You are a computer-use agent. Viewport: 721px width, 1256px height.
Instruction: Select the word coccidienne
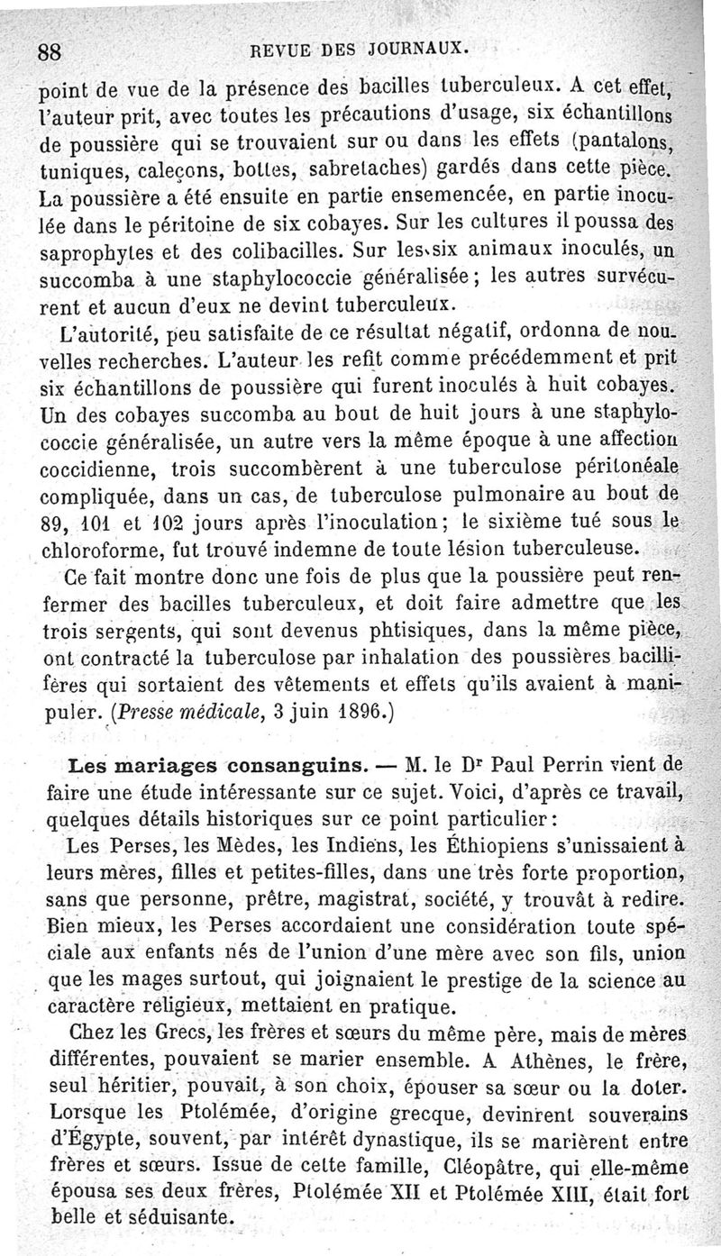tap(95, 470)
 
